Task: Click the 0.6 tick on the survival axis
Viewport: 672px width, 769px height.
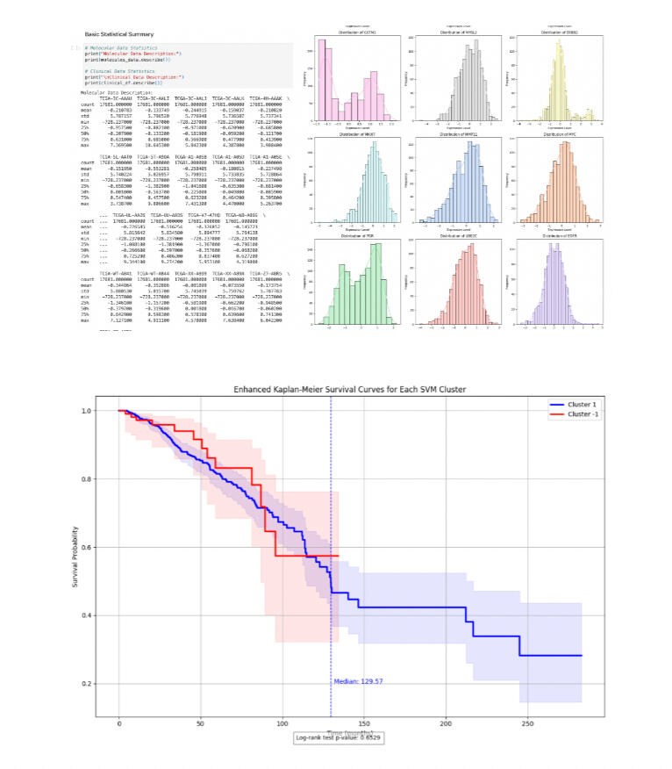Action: [99, 547]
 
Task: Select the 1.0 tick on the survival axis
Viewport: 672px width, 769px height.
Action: [99, 411]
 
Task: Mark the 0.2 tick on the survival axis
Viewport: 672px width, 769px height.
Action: [99, 683]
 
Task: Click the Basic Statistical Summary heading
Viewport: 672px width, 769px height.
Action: [119, 33]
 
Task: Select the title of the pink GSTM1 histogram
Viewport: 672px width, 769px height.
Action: [360, 33]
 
